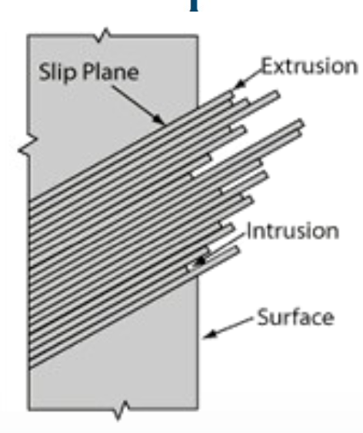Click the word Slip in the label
pos(58,72)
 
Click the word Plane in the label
pos(111,72)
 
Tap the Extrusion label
pos(309,66)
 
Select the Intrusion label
pos(293,231)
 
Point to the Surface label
pos(295,317)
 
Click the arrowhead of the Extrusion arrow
pos(239,84)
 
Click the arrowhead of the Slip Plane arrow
pos(159,119)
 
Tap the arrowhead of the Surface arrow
pos(209,334)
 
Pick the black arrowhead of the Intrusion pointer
pos(201,261)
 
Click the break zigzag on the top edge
pos(104,35)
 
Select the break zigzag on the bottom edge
pos(122,410)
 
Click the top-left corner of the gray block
pos(28,35)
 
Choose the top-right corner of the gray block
pos(197,36)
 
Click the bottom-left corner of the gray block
pos(28,408)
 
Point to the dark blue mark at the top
pos(194,5)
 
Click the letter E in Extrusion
pos(267,66)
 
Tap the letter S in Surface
pos(262,317)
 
